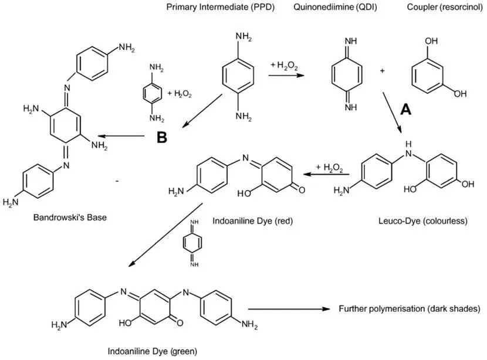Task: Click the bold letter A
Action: coord(405,109)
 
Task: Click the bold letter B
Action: coord(162,137)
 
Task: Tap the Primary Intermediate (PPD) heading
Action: coord(221,7)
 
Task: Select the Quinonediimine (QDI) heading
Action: coord(336,7)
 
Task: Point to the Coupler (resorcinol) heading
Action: coord(445,7)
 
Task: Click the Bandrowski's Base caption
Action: coord(70,218)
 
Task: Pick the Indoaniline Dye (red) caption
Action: coord(252,221)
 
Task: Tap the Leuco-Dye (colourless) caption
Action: coord(422,221)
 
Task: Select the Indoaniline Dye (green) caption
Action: coord(152,351)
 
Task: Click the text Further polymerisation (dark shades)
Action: coord(410,309)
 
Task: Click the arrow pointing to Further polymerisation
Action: coord(289,309)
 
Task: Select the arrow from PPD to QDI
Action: coord(286,75)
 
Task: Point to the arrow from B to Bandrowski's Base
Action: coord(121,136)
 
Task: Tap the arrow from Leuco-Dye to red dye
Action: coord(326,174)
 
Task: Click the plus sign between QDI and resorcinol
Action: coord(383,71)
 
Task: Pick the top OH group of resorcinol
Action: coord(431,41)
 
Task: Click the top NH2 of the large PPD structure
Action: coord(243,37)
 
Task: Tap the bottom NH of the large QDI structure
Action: coord(351,108)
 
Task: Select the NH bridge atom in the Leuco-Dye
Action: coord(408,150)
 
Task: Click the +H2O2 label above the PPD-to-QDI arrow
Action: coord(284,66)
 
